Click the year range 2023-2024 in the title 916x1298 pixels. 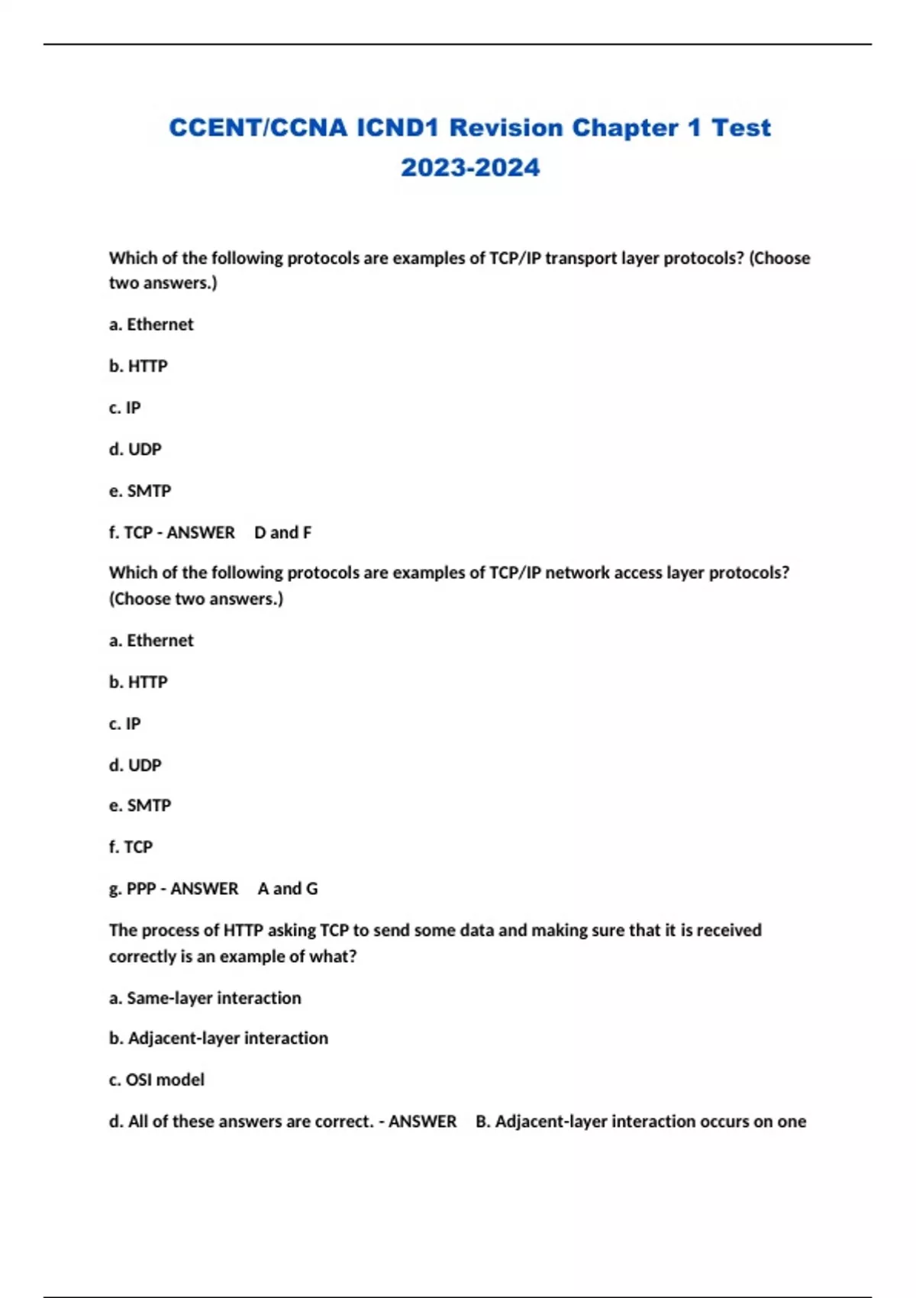coord(470,167)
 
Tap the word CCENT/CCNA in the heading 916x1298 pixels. coord(258,128)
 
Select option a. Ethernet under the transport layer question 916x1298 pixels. coord(151,324)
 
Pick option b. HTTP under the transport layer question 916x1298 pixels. coord(138,366)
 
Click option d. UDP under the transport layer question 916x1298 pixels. coord(135,449)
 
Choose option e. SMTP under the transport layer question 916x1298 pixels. coord(140,491)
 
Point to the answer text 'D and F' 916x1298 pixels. coord(282,532)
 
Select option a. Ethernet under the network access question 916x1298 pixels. coord(151,641)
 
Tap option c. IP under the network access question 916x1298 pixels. coord(125,723)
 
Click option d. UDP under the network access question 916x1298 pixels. coord(135,765)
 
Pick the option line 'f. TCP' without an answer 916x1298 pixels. coord(131,847)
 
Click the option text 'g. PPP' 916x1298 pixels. coord(133,889)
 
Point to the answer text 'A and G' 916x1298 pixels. coord(288,889)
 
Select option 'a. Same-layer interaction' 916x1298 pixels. coord(205,998)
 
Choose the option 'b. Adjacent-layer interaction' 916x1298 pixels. coord(218,1038)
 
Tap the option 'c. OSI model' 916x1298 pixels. coord(156,1080)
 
